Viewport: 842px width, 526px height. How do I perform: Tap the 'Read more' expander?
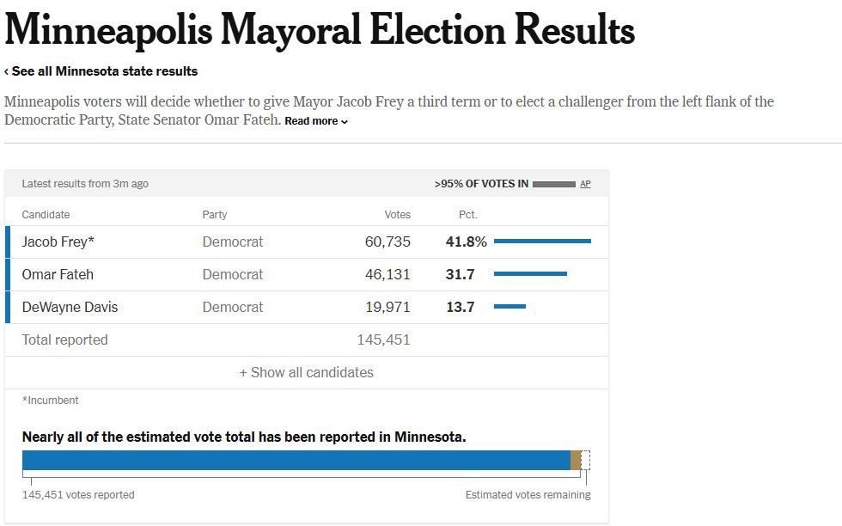click(x=315, y=121)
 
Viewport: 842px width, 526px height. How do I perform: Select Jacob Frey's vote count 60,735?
click(x=387, y=242)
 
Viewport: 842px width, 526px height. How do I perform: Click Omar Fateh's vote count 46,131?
click(x=387, y=274)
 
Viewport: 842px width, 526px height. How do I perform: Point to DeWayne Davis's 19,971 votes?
click(x=387, y=307)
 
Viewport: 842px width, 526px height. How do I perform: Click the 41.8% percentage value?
click(x=466, y=242)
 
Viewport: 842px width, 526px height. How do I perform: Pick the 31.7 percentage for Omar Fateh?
click(x=461, y=274)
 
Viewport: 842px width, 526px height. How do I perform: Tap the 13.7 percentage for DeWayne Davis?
click(x=461, y=307)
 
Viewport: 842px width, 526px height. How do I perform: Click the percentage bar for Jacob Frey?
click(x=542, y=242)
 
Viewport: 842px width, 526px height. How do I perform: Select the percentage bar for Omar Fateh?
click(x=530, y=274)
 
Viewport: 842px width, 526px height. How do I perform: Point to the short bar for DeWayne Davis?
click(x=509, y=307)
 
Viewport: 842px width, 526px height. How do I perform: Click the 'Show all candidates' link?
click(x=306, y=372)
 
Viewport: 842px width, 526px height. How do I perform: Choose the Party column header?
click(x=215, y=214)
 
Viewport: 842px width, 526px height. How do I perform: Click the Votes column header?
click(x=397, y=214)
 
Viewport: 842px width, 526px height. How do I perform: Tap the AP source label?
click(x=585, y=184)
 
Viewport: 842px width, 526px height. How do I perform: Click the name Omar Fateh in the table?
click(x=58, y=274)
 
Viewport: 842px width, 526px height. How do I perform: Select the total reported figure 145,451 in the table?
click(x=383, y=339)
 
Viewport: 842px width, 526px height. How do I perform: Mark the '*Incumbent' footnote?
click(x=50, y=400)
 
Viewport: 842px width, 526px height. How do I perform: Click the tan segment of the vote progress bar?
click(x=576, y=461)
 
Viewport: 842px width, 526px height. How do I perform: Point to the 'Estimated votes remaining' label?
click(x=528, y=494)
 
